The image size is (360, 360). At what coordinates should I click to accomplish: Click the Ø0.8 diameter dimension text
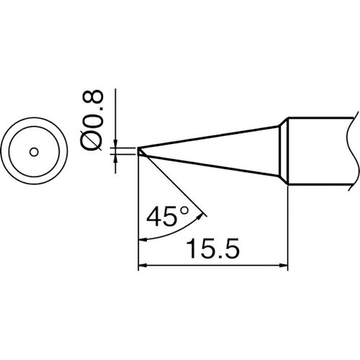(91, 121)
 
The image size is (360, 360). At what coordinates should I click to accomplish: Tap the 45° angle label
(168, 216)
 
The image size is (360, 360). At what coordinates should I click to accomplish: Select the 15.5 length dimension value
(213, 248)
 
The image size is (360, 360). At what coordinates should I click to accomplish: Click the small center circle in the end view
(34, 152)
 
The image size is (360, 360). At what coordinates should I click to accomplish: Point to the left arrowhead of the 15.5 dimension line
(143, 266)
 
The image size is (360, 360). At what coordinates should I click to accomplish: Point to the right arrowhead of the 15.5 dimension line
(284, 266)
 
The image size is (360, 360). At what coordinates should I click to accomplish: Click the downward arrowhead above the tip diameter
(115, 143)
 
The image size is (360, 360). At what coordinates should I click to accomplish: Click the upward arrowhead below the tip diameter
(115, 158)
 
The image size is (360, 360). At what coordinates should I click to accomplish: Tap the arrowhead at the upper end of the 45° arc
(199, 216)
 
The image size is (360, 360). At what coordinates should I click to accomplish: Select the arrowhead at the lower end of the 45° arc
(143, 240)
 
